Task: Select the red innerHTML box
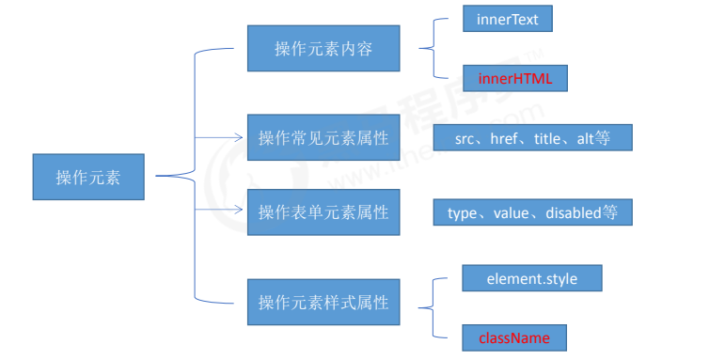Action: (514, 79)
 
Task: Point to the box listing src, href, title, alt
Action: (532, 138)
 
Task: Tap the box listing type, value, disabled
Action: (532, 212)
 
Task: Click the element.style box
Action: (531, 278)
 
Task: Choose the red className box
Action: (514, 337)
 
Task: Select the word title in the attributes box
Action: (551, 138)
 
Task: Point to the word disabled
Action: (575, 212)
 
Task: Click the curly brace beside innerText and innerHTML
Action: (430, 49)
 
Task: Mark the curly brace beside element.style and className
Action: (430, 305)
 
